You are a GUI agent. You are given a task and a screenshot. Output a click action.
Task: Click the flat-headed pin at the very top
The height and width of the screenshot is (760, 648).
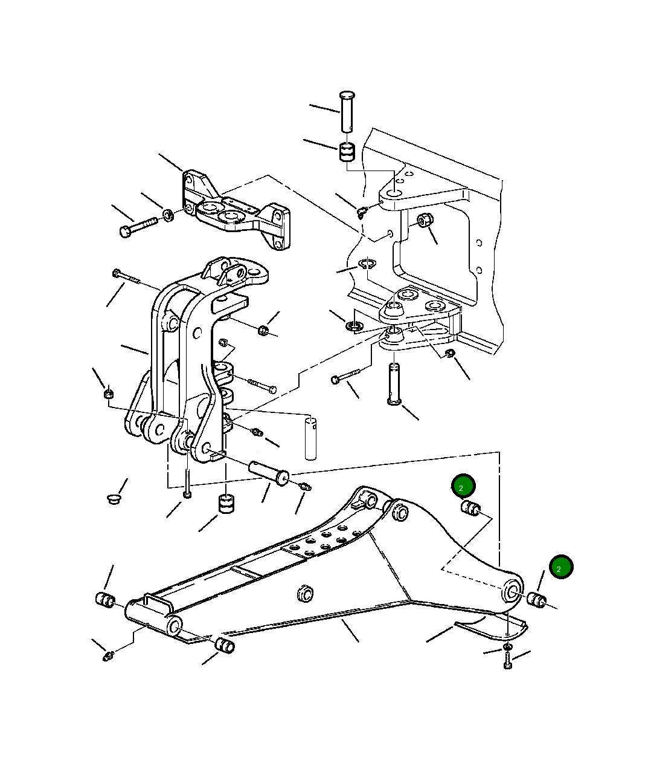347,110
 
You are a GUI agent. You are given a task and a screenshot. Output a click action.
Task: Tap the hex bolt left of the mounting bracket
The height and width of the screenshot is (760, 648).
138,228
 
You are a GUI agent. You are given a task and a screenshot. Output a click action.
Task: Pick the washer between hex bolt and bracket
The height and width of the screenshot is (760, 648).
168,215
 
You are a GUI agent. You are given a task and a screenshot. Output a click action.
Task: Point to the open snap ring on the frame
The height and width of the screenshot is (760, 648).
366,264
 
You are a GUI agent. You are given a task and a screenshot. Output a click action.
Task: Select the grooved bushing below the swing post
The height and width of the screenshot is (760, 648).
226,503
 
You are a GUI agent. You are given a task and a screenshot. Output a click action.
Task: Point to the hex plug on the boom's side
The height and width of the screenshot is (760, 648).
304,593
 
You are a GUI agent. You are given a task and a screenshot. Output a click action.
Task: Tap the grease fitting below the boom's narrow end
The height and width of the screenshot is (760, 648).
109,655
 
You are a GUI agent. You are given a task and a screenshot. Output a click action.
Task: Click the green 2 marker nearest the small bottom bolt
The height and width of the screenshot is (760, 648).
561,567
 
